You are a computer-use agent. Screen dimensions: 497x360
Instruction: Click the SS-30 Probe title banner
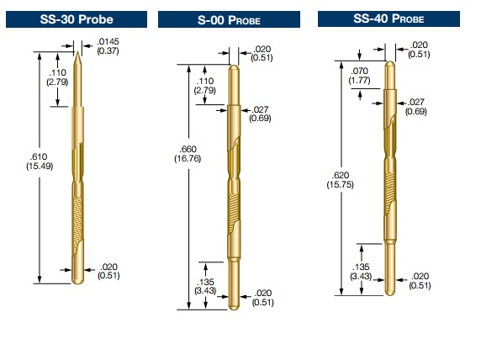77,19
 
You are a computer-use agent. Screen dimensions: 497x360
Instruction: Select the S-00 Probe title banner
229,19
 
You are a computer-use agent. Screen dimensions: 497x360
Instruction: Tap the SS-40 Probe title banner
389,19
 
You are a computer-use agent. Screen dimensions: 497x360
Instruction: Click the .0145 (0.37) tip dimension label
108,46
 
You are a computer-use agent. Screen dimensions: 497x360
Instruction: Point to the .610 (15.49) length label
40,161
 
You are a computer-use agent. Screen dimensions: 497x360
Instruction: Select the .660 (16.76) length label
188,154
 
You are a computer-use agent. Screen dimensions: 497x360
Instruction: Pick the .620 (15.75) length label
340,180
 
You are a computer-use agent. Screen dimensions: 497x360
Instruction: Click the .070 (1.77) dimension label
359,76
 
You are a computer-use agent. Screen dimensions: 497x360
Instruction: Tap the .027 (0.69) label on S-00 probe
260,114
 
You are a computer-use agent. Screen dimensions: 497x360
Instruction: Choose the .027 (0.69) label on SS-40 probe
416,107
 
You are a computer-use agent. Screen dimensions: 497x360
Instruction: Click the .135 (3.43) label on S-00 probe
205,286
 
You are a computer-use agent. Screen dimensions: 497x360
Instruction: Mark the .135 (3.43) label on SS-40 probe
361,272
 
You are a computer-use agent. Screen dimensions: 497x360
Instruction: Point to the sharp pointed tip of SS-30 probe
77,52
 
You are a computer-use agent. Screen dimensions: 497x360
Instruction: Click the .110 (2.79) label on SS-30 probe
57,77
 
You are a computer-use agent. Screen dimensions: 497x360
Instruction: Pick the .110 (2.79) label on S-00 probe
204,86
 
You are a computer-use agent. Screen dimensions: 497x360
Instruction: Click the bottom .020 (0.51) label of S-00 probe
262,297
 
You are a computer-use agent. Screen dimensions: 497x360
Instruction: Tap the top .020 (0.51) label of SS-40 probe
419,50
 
